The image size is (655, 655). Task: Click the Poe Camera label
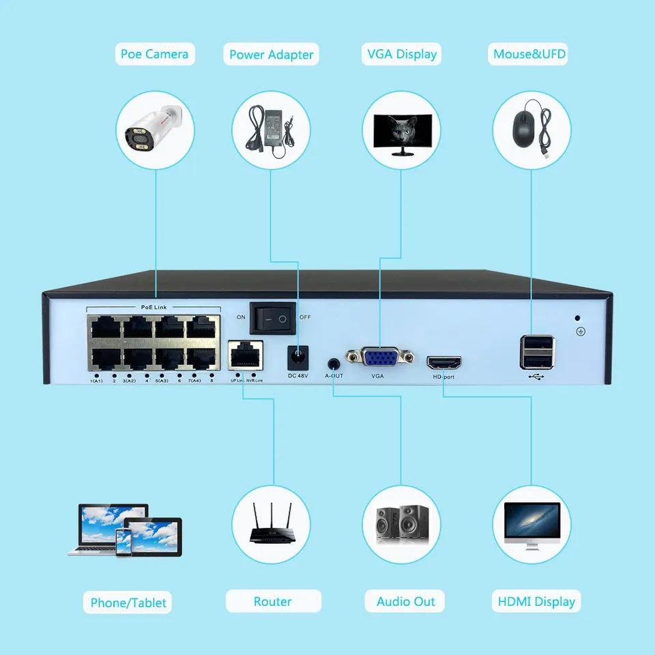154,54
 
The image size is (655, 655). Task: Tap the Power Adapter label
271,55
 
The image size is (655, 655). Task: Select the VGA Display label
401,54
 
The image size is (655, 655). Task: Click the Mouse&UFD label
529,54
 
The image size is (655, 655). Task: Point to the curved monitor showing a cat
401,132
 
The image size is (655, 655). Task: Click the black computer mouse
523,128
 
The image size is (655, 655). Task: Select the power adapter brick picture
271,131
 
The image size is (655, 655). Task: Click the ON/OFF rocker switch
272,317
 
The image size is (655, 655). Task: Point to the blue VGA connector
380,359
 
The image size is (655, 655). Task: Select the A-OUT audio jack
334,364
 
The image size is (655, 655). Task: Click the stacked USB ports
536,352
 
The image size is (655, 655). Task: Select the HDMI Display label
536,602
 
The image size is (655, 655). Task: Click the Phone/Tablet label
128,602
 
